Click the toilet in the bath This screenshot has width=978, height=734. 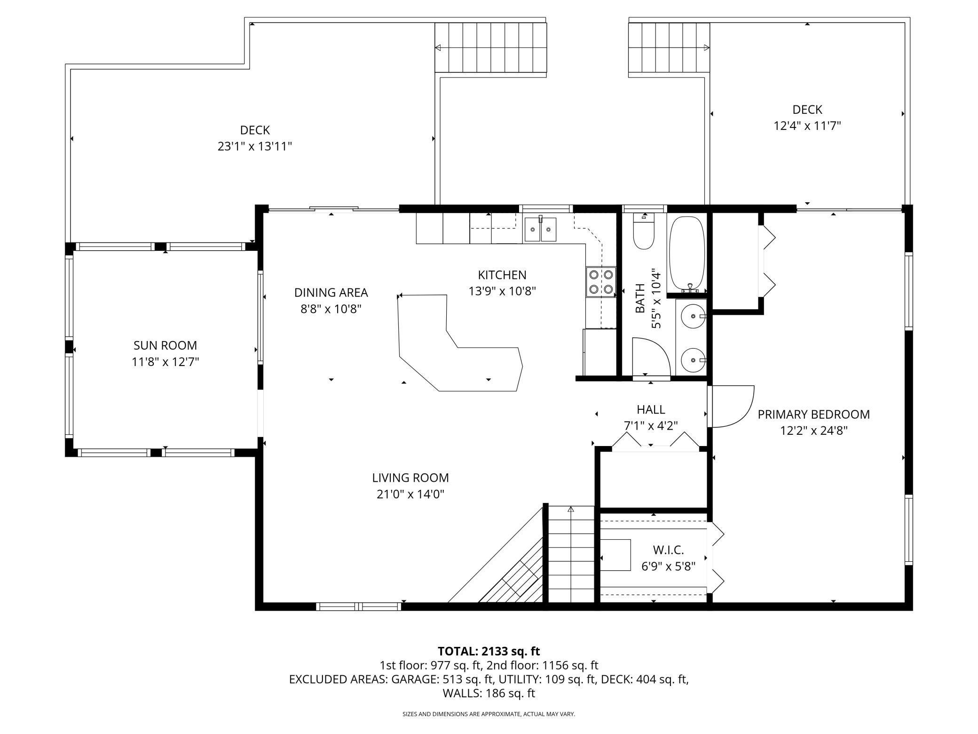643,234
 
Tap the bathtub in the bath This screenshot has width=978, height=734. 686,253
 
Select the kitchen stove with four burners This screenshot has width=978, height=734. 601,281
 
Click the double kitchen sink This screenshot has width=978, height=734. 540,230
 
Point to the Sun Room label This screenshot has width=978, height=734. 165,345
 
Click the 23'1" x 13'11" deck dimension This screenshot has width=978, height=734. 255,146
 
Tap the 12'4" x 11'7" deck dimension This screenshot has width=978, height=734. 807,126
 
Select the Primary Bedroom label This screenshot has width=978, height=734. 813,415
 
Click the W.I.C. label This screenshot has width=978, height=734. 668,550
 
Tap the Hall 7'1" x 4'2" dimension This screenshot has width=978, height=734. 651,426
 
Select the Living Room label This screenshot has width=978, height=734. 410,478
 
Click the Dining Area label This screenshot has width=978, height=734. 331,293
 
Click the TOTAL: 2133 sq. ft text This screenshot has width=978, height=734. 489,651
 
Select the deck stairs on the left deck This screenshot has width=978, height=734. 491,48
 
